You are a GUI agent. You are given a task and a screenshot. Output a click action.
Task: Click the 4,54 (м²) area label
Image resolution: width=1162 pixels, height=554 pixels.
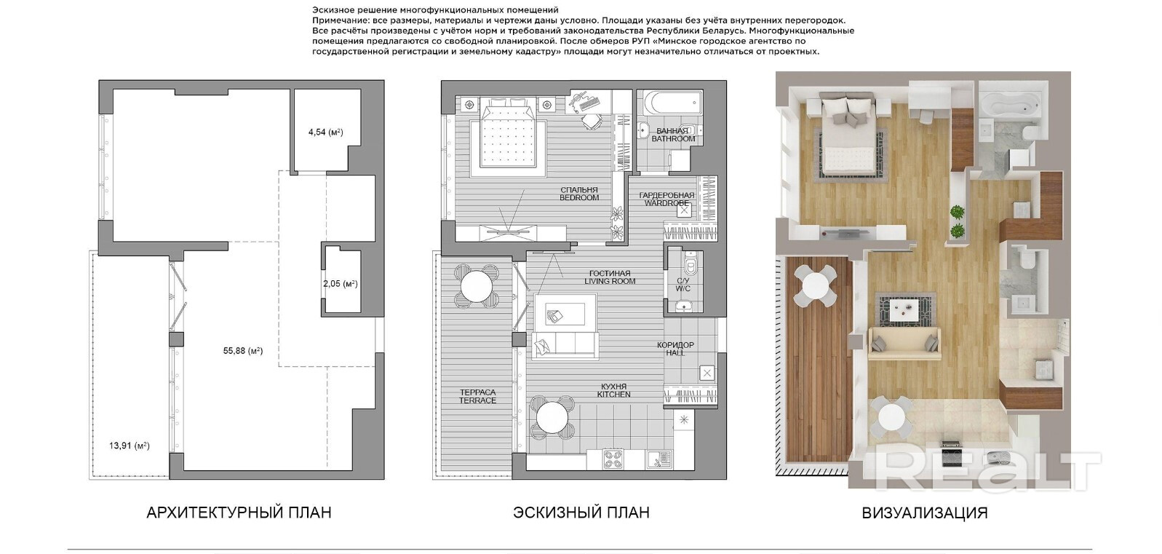tap(325, 132)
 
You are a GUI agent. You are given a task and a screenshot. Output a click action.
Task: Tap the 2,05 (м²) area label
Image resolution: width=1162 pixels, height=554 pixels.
tap(341, 284)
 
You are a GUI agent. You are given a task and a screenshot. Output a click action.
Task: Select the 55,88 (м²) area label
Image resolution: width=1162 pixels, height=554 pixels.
tap(243, 351)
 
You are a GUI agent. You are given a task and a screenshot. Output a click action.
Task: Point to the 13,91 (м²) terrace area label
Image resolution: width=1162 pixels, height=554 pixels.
tap(130, 446)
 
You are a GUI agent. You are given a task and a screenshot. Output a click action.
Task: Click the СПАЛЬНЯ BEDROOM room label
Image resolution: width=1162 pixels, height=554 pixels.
tap(579, 194)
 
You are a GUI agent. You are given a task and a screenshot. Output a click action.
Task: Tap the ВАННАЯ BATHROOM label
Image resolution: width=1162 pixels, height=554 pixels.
tap(673, 135)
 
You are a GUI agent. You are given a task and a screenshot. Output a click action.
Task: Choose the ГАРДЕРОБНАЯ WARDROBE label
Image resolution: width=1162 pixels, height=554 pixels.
tap(666, 199)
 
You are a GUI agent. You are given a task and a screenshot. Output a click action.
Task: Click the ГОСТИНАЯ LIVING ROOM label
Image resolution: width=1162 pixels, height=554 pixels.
tap(610, 277)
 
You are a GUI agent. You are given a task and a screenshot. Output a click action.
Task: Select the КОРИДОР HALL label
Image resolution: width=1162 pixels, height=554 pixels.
tap(675, 349)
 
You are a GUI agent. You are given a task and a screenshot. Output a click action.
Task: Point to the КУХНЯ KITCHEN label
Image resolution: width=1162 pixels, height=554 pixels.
tap(613, 390)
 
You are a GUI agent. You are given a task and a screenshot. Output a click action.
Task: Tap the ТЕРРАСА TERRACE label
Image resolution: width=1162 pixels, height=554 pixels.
tap(478, 396)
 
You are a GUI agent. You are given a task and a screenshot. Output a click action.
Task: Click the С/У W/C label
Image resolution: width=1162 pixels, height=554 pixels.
tap(683, 285)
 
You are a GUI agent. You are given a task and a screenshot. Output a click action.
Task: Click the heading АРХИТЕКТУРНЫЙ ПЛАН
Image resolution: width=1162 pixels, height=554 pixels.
tap(239, 513)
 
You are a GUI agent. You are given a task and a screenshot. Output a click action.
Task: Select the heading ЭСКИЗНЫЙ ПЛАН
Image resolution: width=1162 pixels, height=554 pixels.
tap(581, 513)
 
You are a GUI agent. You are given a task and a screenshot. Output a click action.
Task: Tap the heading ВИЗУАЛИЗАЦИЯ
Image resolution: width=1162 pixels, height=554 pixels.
tap(924, 513)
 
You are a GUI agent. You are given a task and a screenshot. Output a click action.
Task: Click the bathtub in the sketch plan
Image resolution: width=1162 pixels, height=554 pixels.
tap(669, 103)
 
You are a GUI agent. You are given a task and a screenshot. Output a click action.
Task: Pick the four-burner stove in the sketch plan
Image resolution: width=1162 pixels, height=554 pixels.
tap(616, 459)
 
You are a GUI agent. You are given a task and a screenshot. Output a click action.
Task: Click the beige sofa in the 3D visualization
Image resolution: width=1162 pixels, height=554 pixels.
tap(904, 343)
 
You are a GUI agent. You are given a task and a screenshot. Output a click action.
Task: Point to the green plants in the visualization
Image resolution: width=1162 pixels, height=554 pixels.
tap(957, 221)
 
